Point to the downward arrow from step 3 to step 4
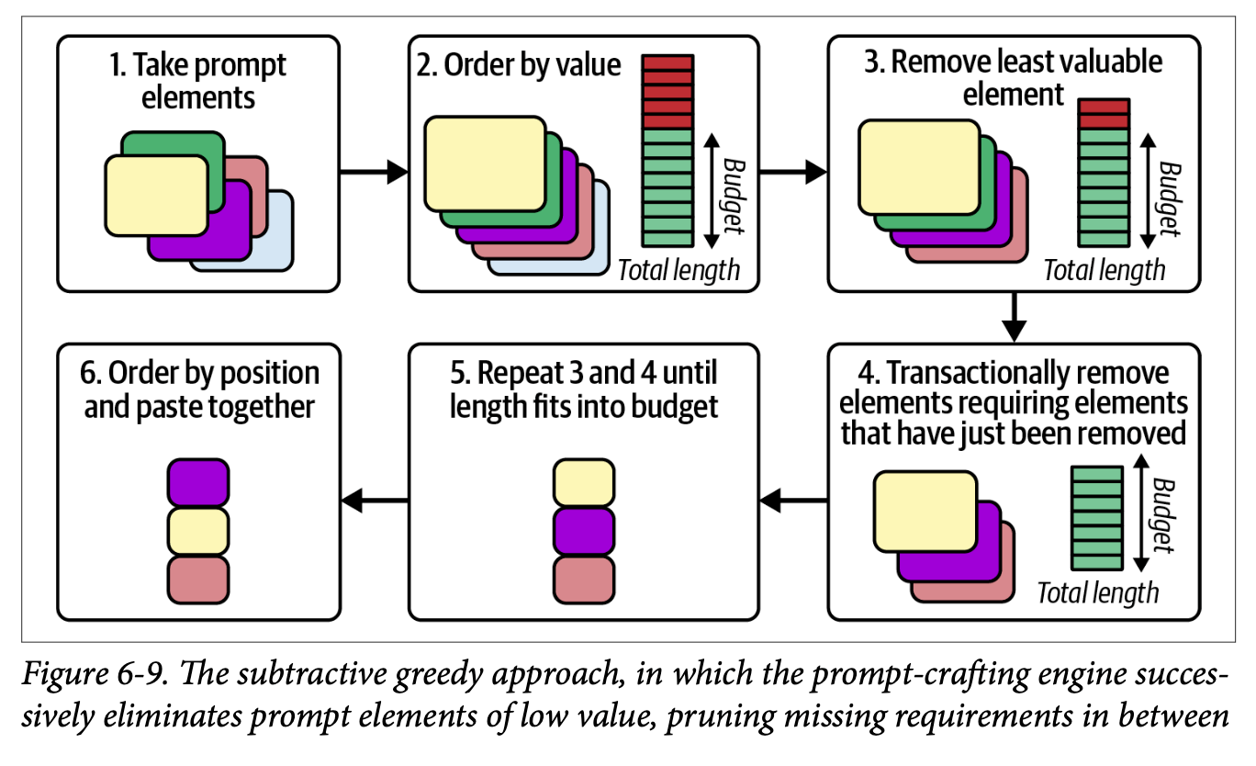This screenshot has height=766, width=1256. coord(1014,316)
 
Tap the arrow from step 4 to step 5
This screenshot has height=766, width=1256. coord(794,500)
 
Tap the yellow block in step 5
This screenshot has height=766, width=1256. coord(583,483)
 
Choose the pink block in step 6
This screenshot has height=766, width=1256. coord(197,579)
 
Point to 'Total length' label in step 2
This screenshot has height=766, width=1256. coord(678,270)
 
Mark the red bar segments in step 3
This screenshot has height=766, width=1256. coord(1104,114)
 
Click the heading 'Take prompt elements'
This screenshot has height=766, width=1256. coord(197,81)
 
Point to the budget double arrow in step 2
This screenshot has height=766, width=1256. coord(712,191)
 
